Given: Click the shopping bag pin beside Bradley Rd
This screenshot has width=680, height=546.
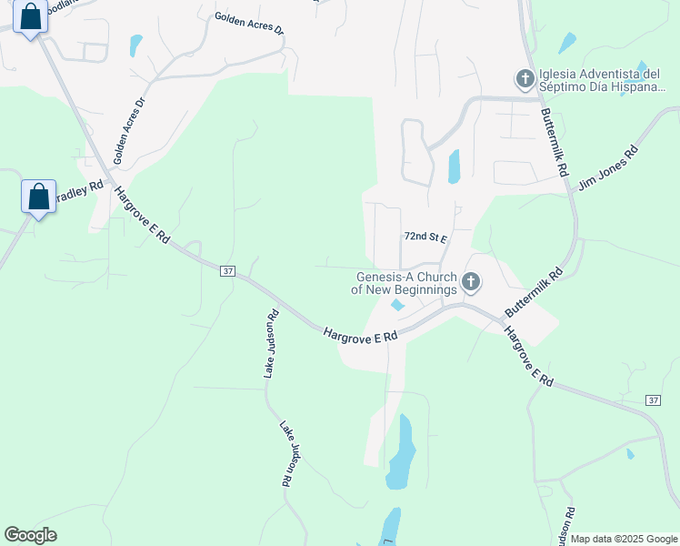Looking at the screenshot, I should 38,197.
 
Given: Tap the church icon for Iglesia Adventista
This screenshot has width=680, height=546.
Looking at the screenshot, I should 525,79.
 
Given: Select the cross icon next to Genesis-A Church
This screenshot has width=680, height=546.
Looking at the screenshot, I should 471,282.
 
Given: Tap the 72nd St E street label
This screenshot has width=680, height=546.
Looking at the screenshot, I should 425,237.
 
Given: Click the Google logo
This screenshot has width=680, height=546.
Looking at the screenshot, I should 31,535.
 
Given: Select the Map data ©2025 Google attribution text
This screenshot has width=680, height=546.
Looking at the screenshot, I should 625,539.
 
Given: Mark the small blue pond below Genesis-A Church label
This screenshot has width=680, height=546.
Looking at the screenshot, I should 397,306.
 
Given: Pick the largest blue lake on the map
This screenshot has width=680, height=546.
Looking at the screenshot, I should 400,455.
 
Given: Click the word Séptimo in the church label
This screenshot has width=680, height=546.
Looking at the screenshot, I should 565,87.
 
